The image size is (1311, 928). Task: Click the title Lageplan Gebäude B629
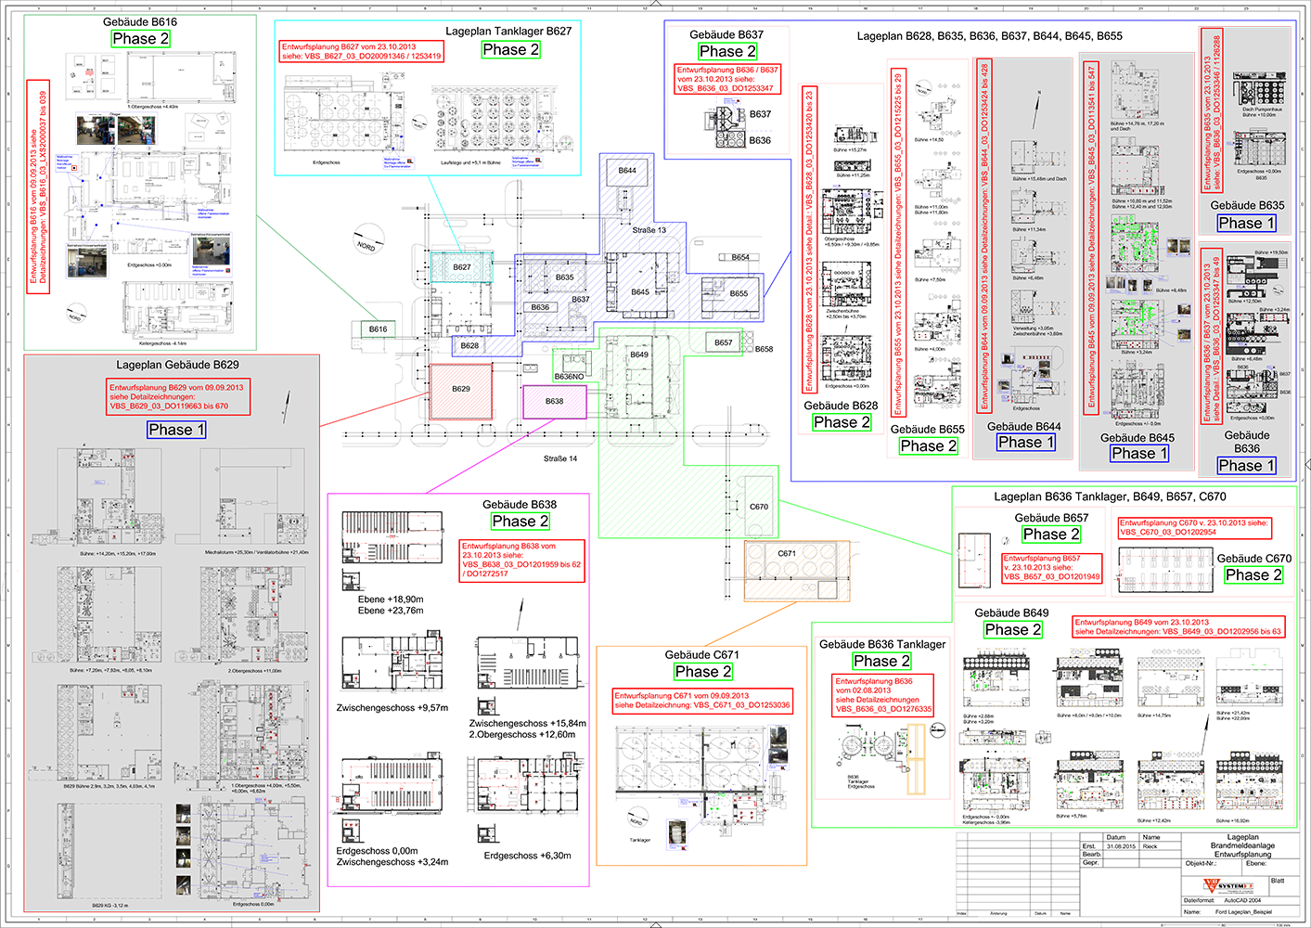(177, 365)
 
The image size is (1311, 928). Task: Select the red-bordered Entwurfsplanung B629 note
(177, 396)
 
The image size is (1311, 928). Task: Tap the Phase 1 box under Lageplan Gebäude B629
(176, 430)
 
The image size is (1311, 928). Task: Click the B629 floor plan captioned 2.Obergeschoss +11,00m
(254, 614)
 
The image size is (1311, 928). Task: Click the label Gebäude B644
(1023, 427)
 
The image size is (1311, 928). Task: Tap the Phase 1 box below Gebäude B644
(1026, 443)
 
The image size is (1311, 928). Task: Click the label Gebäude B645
(1137, 438)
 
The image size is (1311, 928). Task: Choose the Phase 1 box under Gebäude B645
(1139, 454)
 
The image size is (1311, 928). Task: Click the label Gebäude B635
(1247, 206)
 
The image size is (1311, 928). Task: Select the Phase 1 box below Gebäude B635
(1246, 224)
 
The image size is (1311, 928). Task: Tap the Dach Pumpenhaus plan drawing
(1260, 90)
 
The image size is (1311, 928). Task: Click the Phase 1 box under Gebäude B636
(1246, 466)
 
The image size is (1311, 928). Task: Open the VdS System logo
(1228, 887)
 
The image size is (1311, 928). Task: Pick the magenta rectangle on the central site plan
(554, 401)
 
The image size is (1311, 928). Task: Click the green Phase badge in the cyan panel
(511, 50)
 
